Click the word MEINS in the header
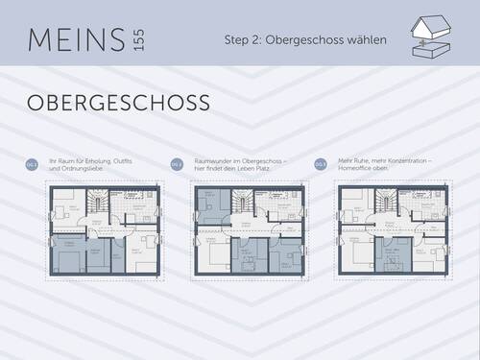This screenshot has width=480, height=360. click(x=74, y=41)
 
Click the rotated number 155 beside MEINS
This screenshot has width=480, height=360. click(x=140, y=41)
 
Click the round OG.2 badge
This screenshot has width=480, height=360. click(x=177, y=164)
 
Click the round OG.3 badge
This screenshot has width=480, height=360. click(x=322, y=164)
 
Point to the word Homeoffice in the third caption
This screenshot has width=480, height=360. click(x=359, y=169)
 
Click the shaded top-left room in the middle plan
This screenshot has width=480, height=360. click(x=211, y=204)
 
